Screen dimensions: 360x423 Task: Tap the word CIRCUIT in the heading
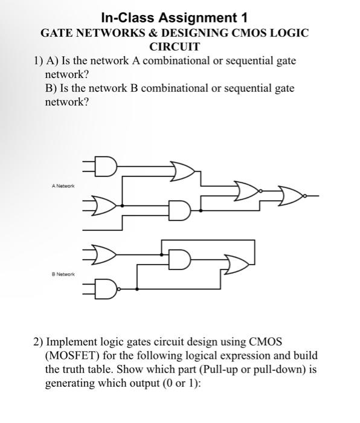click(174, 46)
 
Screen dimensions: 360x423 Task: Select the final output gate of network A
click(292, 196)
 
